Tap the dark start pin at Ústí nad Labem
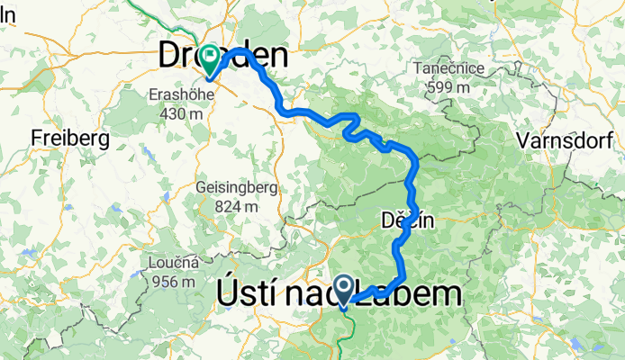[x=343, y=288]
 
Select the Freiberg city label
[x=69, y=139]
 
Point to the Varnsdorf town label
[x=566, y=140]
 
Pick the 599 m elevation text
[x=448, y=87]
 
